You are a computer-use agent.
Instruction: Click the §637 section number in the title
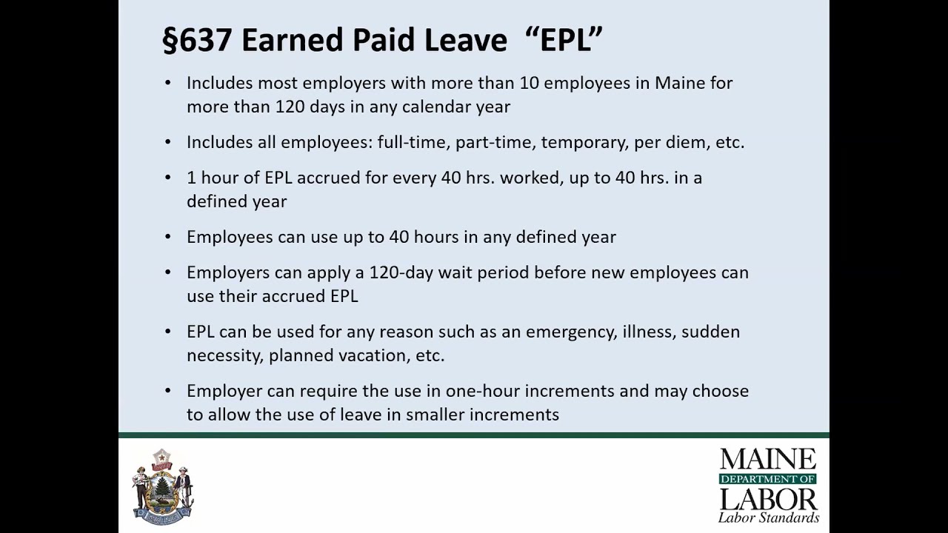(x=198, y=40)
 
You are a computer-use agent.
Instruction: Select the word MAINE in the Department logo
(x=768, y=460)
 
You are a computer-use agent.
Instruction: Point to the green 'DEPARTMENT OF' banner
(x=768, y=479)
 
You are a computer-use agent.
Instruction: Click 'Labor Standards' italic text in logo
(x=768, y=517)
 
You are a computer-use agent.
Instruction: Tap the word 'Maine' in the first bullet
(x=679, y=83)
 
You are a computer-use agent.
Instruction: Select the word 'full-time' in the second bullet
(x=412, y=142)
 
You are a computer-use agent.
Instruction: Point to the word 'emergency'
(x=570, y=332)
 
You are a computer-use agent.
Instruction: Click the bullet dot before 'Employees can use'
(x=168, y=238)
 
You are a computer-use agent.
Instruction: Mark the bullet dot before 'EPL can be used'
(x=168, y=332)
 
